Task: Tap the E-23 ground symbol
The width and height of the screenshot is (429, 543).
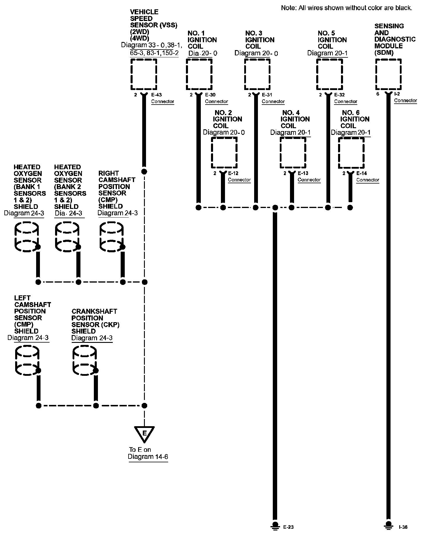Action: pos(275,525)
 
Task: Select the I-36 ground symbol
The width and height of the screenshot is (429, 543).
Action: pos(388,525)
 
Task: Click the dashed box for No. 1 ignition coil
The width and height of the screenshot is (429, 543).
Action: pos(199,74)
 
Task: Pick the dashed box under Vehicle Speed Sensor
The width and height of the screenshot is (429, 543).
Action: pos(144,74)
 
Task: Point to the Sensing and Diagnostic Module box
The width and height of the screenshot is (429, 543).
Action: pos(388,74)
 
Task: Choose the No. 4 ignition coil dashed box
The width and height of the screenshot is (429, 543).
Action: pos(293,153)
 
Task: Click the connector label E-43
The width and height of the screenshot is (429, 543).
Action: pos(157,95)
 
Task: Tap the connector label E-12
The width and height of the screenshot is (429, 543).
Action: pos(233,173)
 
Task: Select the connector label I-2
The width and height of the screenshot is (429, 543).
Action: pos(397,94)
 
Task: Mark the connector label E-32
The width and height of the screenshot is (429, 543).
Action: pos(340,95)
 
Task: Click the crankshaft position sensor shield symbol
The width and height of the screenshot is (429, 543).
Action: pos(85,360)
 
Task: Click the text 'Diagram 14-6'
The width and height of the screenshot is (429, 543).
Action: pos(148,457)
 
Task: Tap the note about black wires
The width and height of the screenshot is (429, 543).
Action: pos(347,8)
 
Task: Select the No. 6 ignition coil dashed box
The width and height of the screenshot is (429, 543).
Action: pos(351,153)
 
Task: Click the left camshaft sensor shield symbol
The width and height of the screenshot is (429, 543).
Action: pos(27,360)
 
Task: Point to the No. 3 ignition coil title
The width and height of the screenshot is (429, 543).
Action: pos(260,40)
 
